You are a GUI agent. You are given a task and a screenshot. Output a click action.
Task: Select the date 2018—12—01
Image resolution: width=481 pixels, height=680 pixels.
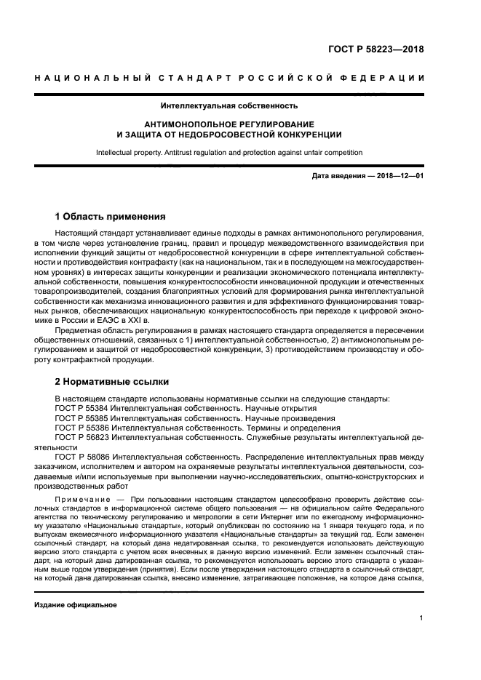click(397, 177)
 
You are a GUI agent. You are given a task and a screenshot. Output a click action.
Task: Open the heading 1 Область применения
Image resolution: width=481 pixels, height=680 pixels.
click(111, 217)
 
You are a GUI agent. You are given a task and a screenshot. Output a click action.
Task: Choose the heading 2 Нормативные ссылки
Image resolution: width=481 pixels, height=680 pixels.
click(112, 381)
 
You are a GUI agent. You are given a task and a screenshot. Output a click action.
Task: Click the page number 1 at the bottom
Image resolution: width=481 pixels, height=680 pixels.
click(422, 619)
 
